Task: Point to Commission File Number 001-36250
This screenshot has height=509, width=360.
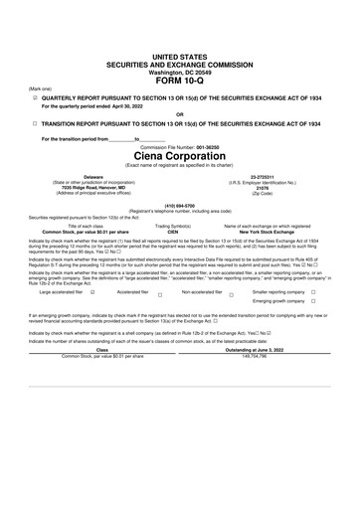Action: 179,146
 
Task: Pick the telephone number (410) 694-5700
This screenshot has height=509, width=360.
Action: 179,206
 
